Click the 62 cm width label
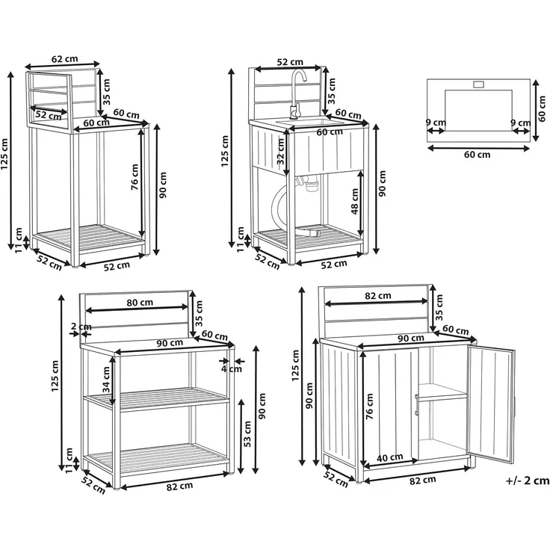(64, 59)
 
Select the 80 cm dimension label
(140, 302)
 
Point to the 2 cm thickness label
(81, 327)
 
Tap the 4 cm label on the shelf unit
(231, 368)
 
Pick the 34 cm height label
(106, 380)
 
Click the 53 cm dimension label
(247, 434)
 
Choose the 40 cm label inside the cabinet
(389, 457)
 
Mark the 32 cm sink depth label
(280, 151)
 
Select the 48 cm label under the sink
(355, 201)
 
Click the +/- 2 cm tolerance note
(528, 481)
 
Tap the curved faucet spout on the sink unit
(297, 79)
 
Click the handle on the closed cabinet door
(417, 406)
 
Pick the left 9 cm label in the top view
(436, 123)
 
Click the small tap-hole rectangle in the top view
(478, 84)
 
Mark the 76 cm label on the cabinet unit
(369, 407)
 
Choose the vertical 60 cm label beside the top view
(543, 109)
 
